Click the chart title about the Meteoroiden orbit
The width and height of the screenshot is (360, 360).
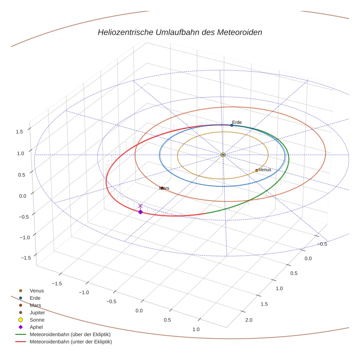180,32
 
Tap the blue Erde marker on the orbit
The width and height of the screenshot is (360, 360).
232,125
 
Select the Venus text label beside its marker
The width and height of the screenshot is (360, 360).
265,170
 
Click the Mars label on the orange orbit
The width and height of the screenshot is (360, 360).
164,188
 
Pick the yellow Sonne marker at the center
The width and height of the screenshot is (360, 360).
223,155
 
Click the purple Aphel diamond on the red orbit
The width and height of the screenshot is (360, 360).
140,212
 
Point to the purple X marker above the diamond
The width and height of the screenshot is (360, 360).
140,206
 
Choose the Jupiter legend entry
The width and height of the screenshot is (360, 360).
37,312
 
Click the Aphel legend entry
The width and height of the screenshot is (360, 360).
36,327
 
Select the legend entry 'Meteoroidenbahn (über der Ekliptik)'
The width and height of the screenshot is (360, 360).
70,334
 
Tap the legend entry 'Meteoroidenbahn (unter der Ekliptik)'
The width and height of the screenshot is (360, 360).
71,342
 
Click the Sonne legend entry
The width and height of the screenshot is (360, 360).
37,320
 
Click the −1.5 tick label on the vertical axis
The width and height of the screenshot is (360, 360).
25,258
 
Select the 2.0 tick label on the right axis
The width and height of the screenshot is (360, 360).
248,320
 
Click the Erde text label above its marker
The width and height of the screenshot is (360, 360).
237,122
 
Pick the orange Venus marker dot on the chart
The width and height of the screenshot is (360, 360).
256,170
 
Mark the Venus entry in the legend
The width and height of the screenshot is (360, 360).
37,290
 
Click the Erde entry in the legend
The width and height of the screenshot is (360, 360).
35,298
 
